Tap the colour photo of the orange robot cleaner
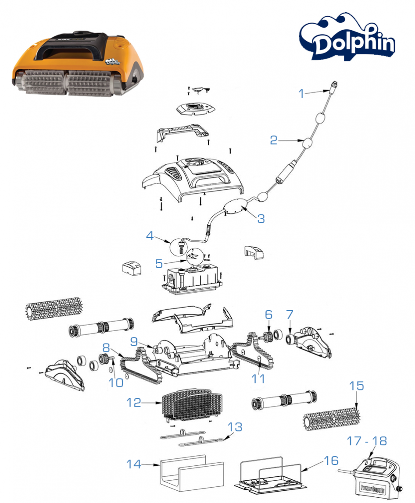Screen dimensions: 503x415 77,64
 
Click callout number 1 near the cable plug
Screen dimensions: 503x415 301,93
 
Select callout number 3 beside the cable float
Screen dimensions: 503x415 261,219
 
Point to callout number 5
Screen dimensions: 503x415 159,263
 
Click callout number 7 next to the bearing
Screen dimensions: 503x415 290,315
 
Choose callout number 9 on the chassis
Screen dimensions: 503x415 134,341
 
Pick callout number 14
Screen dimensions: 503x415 134,464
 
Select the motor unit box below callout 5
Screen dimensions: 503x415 192,279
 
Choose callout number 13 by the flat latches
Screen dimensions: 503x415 235,427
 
